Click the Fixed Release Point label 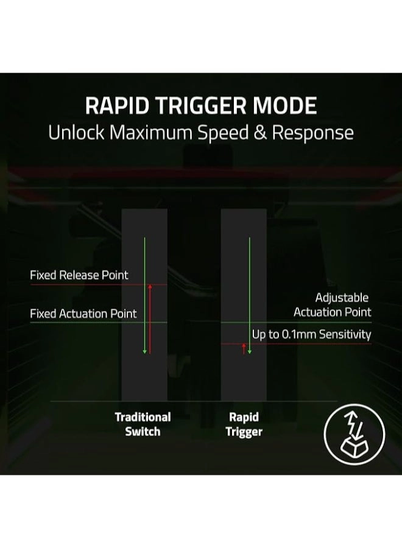coord(79,275)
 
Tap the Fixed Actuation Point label coord(83,314)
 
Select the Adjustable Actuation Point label coord(333,305)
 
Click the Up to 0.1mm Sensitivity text coord(311,334)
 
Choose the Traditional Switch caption coord(143,424)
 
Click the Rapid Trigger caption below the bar coord(244,424)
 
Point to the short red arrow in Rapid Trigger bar coord(244,348)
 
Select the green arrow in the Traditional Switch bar coord(144,295)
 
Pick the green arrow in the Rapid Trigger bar coord(249,295)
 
